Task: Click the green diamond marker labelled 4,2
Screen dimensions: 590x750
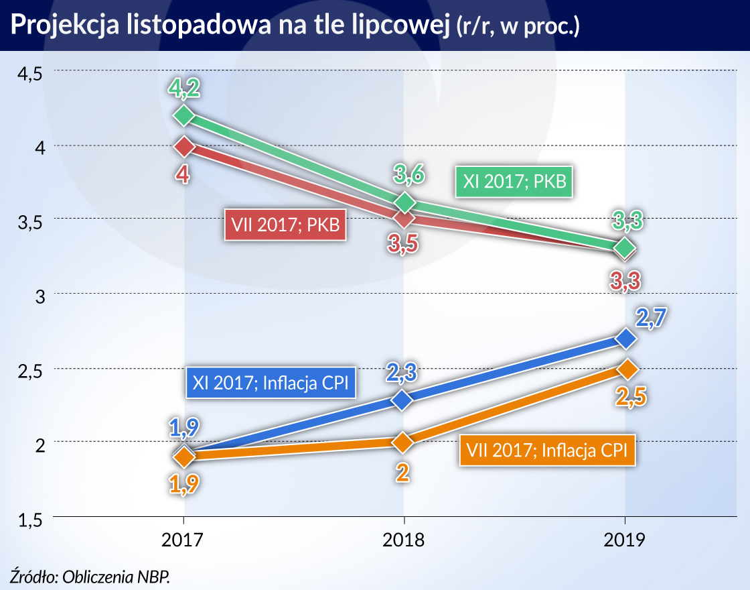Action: [x=184, y=115]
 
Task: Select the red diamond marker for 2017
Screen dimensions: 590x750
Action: [x=184, y=145]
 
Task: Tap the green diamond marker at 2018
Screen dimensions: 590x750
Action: [x=404, y=202]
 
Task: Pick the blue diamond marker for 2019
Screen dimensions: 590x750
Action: [x=625, y=339]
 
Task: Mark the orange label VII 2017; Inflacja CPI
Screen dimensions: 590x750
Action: [x=546, y=450]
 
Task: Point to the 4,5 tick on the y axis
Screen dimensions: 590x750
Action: [x=28, y=72]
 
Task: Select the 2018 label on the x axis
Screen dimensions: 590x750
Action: [x=404, y=540]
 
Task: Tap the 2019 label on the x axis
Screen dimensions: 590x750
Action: [x=625, y=540]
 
